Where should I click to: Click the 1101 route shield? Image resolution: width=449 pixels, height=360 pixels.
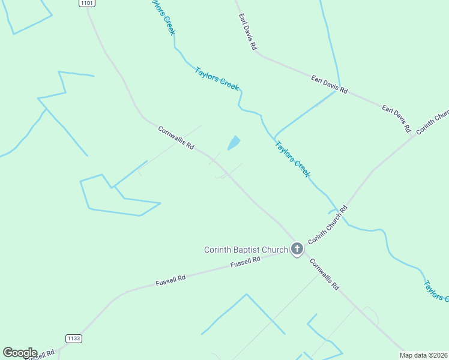pos(86,3)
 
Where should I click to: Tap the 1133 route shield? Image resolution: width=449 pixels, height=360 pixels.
pos(74,338)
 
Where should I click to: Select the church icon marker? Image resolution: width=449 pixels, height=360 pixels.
pos(297,249)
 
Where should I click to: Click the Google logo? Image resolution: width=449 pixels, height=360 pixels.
pos(20,353)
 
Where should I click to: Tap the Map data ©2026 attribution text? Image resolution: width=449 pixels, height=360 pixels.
pos(424,355)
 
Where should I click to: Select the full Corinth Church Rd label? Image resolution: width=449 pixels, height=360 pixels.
pos(328,225)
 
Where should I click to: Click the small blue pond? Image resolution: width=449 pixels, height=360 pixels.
pos(234,143)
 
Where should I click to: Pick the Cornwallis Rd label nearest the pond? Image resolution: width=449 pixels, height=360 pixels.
pos(176,138)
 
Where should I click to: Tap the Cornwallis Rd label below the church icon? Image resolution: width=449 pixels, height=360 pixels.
pos(325,275)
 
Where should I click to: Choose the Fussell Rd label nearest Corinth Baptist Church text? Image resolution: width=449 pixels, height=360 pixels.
pos(246,262)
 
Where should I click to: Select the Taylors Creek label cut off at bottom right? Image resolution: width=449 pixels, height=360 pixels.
pos(436,290)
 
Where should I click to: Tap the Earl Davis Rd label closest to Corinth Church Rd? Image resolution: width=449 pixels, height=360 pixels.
pos(396,118)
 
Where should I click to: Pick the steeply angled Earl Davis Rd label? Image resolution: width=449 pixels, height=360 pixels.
pos(247,31)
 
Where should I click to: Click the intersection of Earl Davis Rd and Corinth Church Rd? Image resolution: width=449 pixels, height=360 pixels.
pos(414,136)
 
